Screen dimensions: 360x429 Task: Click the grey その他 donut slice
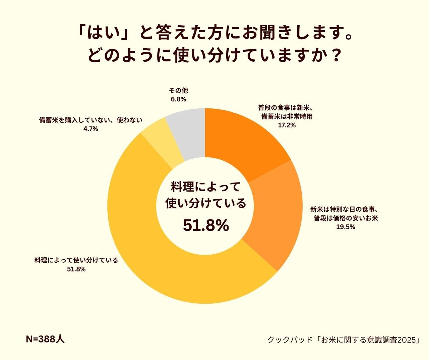tap(188, 134)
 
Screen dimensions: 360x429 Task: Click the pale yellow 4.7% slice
tap(158, 144)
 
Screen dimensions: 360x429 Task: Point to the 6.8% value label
tap(178, 99)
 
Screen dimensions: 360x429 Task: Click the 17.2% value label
tap(287, 125)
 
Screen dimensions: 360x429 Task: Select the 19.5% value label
tap(346, 227)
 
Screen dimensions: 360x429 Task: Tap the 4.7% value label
tap(90, 129)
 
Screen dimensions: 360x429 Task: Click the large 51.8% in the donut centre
tap(206, 225)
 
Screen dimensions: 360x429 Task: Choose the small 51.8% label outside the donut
tap(76, 269)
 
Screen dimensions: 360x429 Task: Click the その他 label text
tap(178, 91)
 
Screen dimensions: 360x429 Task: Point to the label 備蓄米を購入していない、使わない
tap(90, 120)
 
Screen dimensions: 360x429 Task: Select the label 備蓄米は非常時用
tap(287, 116)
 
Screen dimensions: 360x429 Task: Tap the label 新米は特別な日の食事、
tap(346, 209)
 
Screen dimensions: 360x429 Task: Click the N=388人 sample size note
tap(45, 339)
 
